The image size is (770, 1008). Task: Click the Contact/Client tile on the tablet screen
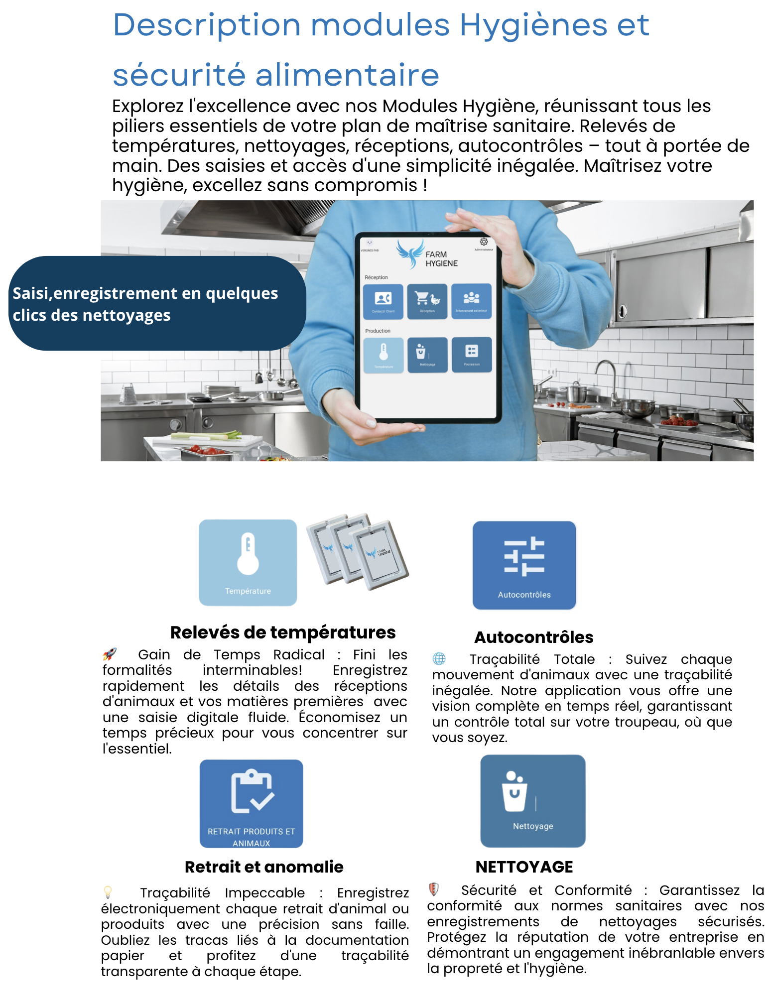(383, 301)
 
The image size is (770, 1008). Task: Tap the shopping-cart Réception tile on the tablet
(427, 301)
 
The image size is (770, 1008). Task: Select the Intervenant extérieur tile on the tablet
(471, 301)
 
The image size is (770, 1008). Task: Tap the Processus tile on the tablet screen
(471, 354)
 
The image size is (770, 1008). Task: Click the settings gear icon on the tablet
(484, 242)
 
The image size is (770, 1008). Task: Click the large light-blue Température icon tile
(248, 562)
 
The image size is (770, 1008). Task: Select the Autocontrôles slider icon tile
(524, 565)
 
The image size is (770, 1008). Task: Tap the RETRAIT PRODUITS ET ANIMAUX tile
(252, 803)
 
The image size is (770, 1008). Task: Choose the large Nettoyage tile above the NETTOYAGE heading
(532, 800)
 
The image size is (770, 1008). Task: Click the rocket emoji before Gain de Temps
(110, 654)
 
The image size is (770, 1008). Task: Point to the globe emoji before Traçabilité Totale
(439, 658)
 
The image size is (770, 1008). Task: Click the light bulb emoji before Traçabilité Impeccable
(108, 892)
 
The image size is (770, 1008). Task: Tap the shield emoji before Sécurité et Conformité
(434, 889)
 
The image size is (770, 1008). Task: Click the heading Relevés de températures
(282, 632)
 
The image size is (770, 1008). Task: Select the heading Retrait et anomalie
(264, 867)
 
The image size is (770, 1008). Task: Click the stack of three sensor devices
(358, 551)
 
